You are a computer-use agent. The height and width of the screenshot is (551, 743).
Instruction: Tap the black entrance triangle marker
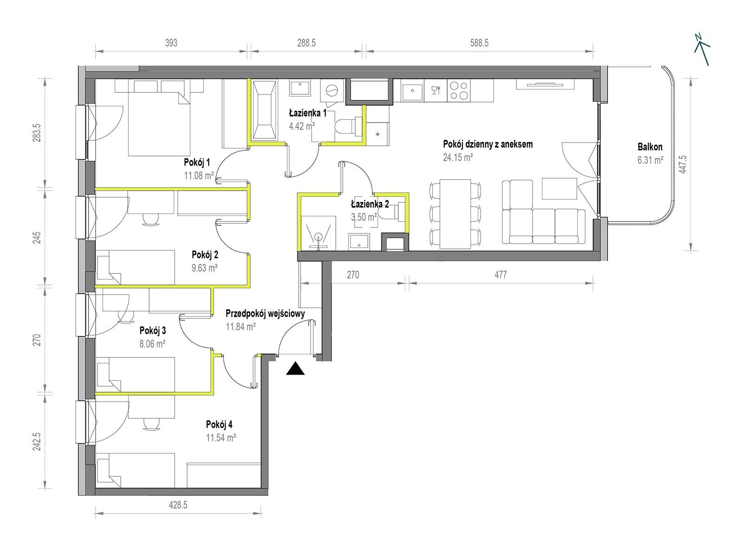[295, 368]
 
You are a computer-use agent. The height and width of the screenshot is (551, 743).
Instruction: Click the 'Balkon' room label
[650, 147]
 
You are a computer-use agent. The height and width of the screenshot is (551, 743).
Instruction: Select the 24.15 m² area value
[457, 157]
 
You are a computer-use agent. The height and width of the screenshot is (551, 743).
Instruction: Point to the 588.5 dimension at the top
[479, 43]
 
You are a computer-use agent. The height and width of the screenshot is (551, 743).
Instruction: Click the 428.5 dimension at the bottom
[178, 505]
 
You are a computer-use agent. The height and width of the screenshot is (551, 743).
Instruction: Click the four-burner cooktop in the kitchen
[459, 91]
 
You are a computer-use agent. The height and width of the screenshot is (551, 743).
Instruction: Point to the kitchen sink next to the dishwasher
[412, 91]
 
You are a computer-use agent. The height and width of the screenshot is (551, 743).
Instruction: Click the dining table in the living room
[455, 214]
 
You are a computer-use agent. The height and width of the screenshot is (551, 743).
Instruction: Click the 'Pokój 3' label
[153, 331]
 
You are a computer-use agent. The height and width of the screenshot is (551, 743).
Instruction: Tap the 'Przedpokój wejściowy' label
[265, 313]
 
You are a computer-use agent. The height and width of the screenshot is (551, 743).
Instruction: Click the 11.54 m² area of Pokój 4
[221, 437]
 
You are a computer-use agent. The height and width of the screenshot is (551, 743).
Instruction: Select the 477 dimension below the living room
[501, 275]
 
